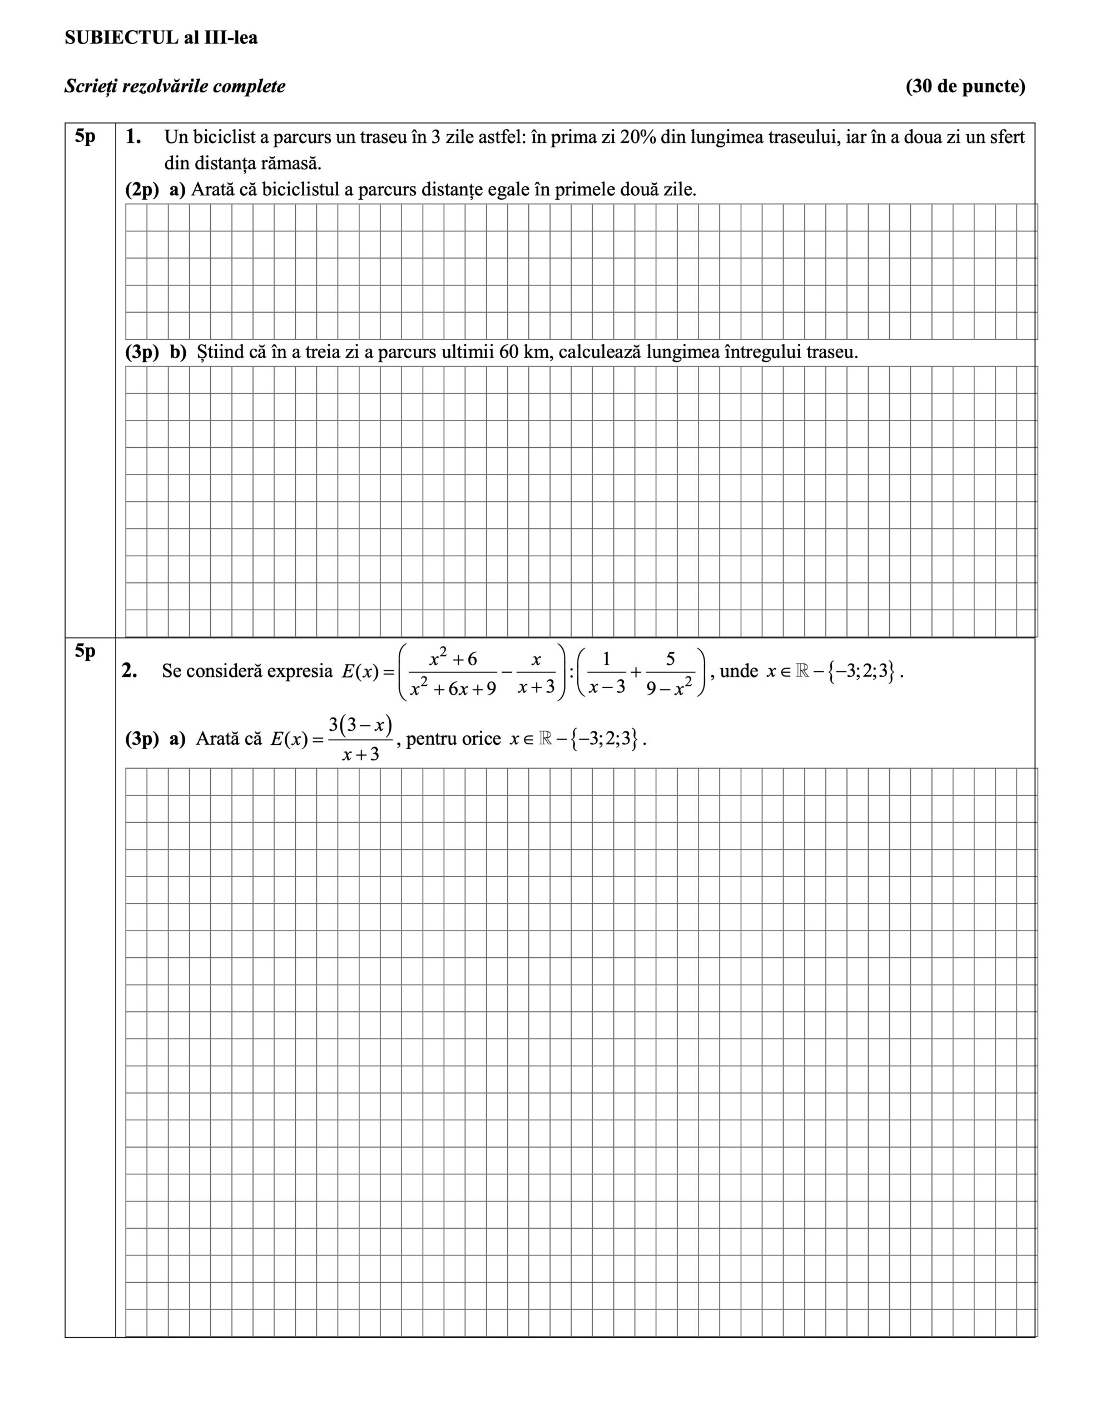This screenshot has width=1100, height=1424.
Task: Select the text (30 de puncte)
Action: click(965, 86)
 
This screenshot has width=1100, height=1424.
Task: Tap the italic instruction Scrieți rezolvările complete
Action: click(175, 86)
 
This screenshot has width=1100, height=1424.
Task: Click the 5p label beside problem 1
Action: click(85, 136)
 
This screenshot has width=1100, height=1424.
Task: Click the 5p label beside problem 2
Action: click(85, 651)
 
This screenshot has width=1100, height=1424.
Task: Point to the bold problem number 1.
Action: click(132, 137)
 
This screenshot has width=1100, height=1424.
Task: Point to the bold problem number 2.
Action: click(128, 670)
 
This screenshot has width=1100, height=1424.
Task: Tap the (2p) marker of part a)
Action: click(141, 190)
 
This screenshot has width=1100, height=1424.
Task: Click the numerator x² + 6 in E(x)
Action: click(453, 659)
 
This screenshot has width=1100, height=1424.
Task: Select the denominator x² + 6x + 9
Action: click(453, 688)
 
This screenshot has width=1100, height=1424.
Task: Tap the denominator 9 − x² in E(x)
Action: click(669, 688)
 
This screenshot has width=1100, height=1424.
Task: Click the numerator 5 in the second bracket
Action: click(670, 659)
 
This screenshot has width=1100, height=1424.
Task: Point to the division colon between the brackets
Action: click(571, 671)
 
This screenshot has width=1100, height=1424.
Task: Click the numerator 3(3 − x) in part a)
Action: click(360, 724)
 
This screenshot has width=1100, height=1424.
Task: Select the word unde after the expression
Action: click(739, 671)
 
